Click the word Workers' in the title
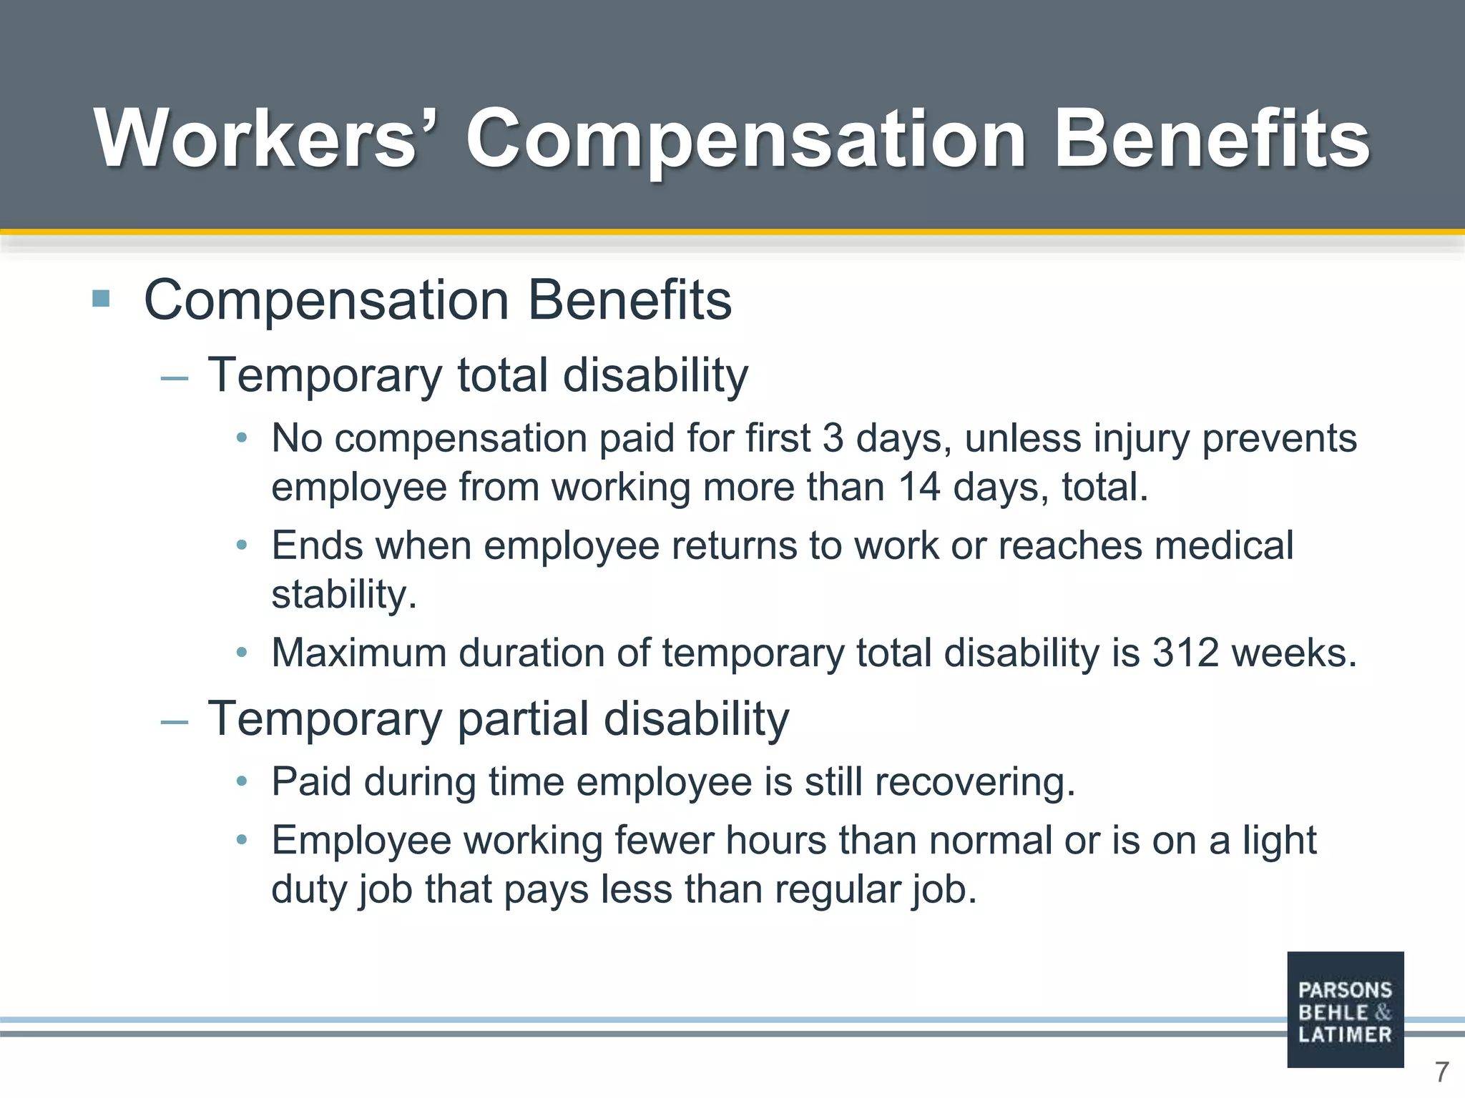(x=255, y=138)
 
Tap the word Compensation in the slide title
(x=746, y=138)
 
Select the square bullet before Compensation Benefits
(x=101, y=298)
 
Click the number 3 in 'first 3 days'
(x=833, y=438)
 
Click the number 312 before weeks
(x=1185, y=653)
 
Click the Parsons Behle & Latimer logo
(x=1345, y=1009)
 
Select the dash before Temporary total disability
(x=175, y=377)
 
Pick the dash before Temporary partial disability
(x=175, y=721)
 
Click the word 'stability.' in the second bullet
(x=344, y=595)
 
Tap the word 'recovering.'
(x=975, y=782)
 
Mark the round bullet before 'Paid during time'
(x=242, y=781)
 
